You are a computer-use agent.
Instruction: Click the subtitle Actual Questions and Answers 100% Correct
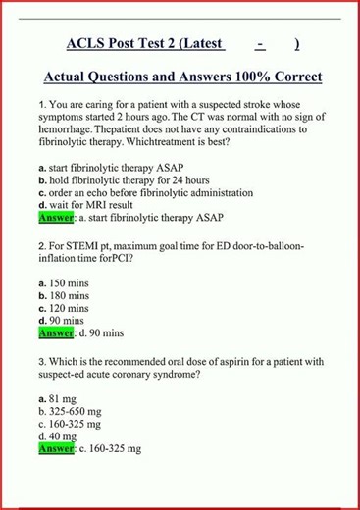click(x=183, y=76)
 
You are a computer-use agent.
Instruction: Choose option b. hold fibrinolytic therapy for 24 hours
click(x=110, y=181)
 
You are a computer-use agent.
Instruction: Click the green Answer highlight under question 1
click(x=56, y=219)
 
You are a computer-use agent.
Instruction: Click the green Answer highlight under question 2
click(x=56, y=333)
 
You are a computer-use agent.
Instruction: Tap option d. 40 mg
click(x=58, y=435)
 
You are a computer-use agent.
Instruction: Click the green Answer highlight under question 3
click(x=56, y=448)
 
